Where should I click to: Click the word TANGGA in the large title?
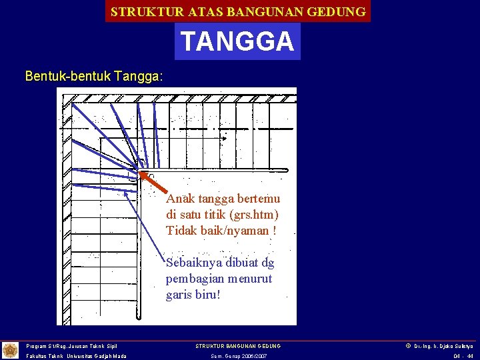coord(237,41)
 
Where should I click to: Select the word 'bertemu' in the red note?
coord(258,199)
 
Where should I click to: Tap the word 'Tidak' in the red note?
coord(181,231)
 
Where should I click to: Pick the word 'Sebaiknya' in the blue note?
coord(195,263)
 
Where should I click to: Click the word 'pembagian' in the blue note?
coord(195,279)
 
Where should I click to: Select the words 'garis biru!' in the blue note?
coord(193,295)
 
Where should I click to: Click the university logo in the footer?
coord(11,350)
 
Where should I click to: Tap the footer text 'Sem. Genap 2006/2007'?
coord(238,356)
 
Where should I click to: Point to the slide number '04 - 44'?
coord(463,356)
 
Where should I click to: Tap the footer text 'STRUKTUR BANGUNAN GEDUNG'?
coord(238,346)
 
